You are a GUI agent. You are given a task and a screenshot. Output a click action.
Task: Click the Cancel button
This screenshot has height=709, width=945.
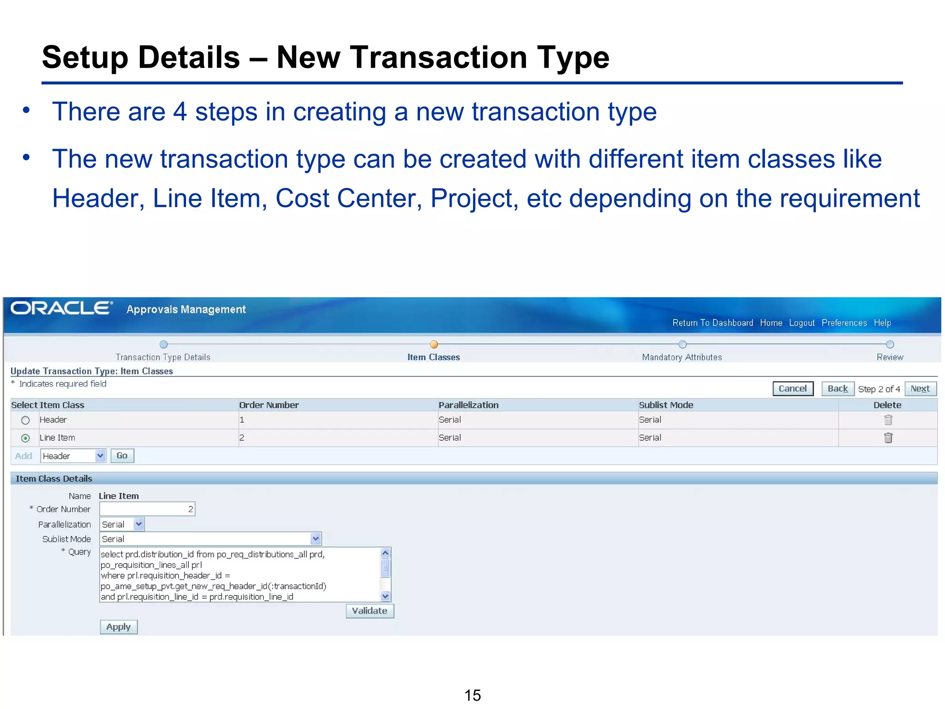792,389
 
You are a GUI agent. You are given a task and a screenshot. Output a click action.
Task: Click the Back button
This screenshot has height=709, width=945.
837,389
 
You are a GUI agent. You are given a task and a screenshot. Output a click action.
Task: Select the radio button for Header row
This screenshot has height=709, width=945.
25,420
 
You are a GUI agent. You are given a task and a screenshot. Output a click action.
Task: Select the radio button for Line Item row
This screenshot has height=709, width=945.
25,438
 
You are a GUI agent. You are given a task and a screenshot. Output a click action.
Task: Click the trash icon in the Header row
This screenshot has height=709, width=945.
888,420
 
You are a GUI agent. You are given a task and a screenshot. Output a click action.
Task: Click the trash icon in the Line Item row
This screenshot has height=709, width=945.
888,438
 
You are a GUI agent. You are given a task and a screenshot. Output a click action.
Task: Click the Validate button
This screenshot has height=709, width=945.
370,611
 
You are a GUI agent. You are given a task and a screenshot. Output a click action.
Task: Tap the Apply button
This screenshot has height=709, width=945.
119,627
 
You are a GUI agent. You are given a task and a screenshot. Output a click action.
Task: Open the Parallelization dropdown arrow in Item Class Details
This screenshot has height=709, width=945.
139,524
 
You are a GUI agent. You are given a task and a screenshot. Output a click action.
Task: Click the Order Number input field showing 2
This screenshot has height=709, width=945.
147,509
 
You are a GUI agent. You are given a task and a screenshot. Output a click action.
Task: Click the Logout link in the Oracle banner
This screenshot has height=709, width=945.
801,323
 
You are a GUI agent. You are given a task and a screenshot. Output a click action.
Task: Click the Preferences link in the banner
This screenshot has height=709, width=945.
844,323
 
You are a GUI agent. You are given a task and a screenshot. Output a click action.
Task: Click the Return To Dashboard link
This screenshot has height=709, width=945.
712,323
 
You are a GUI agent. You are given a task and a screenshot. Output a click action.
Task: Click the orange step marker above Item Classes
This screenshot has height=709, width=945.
434,344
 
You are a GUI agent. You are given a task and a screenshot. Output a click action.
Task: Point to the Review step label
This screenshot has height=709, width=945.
890,357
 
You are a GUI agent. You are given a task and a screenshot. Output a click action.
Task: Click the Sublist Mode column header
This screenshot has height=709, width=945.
666,405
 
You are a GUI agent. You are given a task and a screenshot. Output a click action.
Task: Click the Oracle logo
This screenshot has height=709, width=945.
61,308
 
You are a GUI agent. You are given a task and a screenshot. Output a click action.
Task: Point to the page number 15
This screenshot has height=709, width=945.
472,695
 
